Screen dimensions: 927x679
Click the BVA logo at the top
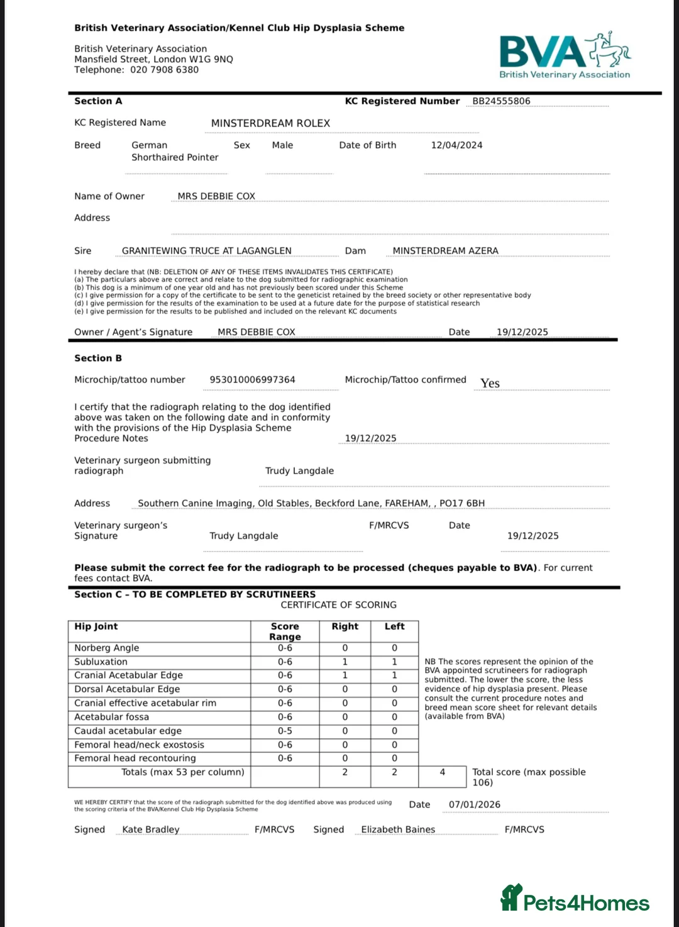click(x=564, y=56)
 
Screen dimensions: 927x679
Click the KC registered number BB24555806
click(x=501, y=101)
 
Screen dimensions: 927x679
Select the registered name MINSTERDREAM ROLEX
click(x=270, y=123)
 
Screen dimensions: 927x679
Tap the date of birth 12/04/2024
click(x=456, y=145)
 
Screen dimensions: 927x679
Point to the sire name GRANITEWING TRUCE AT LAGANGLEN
click(x=206, y=251)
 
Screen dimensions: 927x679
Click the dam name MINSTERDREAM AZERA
click(x=445, y=251)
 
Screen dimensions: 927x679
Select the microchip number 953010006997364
click(x=252, y=380)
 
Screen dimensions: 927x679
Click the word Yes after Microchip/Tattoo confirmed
click(x=490, y=383)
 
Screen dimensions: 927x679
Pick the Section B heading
click(x=98, y=358)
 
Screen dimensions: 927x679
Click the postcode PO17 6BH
click(x=462, y=504)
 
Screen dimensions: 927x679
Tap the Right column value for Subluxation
click(x=345, y=662)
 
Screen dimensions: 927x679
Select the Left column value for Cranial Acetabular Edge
click(x=394, y=675)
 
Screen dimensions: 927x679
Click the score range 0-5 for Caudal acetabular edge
click(x=285, y=731)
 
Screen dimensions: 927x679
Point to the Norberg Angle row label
click(x=106, y=648)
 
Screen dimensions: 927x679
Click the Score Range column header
click(x=285, y=631)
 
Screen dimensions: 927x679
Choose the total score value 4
click(x=442, y=772)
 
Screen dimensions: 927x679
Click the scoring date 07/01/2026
click(x=474, y=805)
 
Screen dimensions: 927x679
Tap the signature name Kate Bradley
click(x=151, y=830)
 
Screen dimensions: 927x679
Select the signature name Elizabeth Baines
click(x=398, y=830)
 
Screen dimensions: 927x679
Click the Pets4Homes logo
click(x=575, y=899)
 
